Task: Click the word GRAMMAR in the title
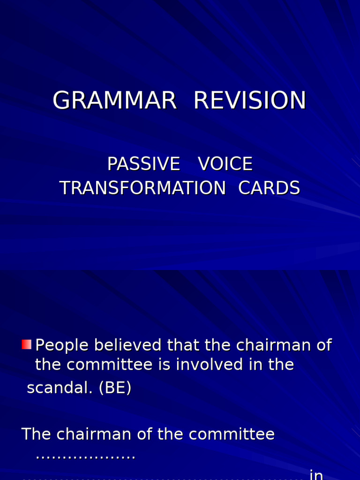click(114, 100)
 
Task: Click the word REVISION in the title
click(250, 100)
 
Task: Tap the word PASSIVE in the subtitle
click(143, 164)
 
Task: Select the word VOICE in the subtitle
click(225, 164)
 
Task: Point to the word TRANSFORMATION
click(142, 188)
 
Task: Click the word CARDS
click(269, 188)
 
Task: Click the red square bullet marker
click(26, 345)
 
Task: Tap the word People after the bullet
click(62, 345)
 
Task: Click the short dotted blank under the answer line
click(85, 456)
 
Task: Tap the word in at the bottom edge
click(316, 474)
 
